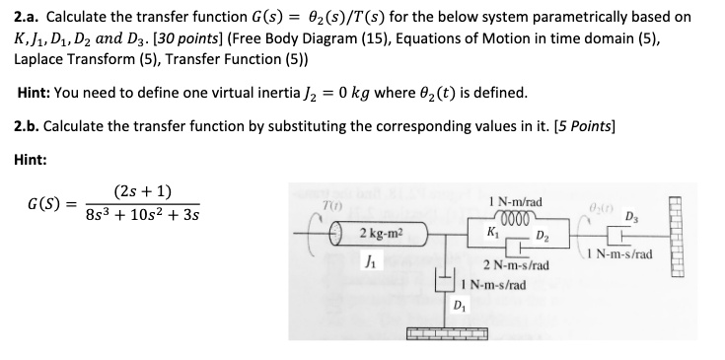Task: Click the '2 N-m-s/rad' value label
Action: pyautogui.click(x=515, y=265)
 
